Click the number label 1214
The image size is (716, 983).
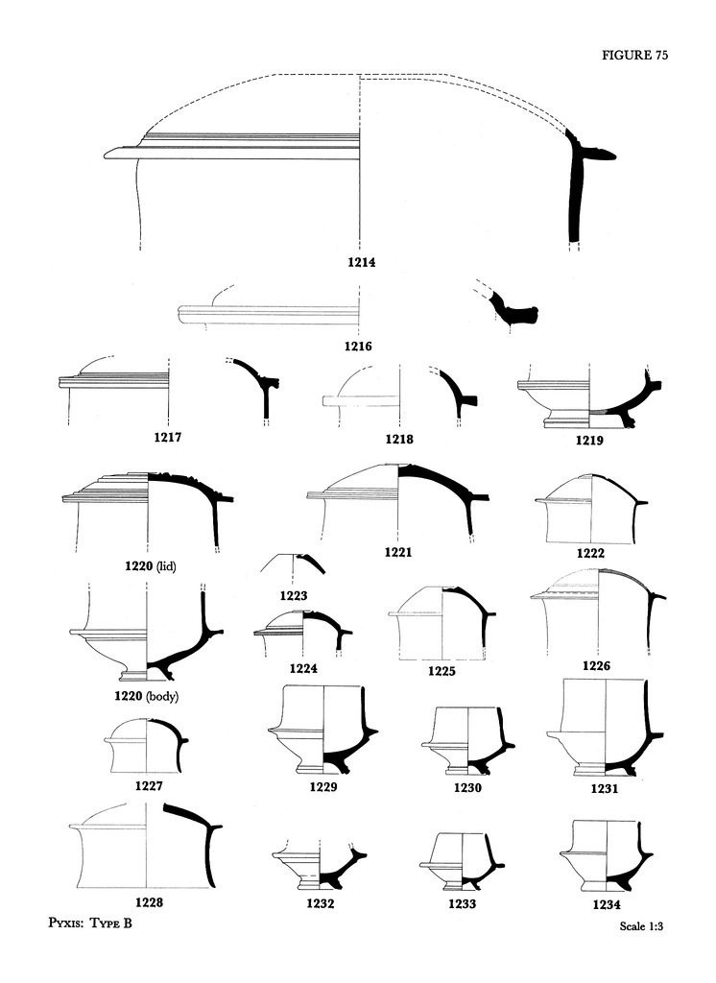click(363, 261)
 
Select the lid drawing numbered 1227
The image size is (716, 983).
click(147, 745)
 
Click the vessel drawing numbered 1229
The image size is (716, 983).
click(322, 730)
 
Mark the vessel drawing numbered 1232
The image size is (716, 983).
click(321, 866)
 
